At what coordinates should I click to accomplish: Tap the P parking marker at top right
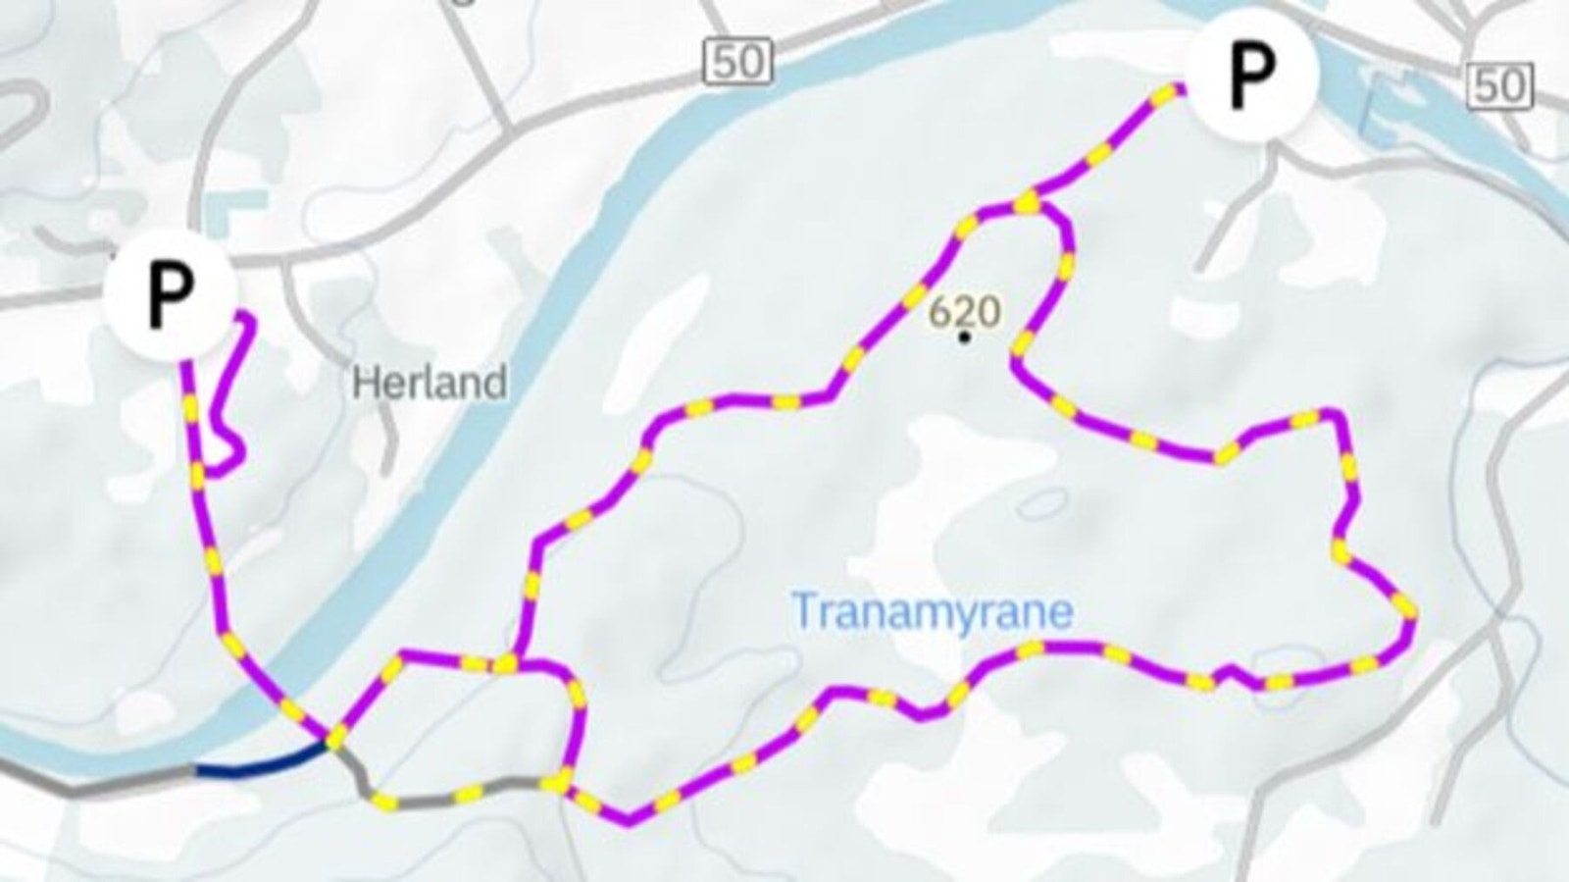coord(1251,72)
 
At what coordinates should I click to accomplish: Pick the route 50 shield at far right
coord(1499,85)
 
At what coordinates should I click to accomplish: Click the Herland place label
coord(430,382)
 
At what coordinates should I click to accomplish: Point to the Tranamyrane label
coord(932,611)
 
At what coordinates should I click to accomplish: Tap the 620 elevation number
coord(965,312)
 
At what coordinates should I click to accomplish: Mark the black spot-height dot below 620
coord(965,337)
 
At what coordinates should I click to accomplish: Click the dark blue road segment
coord(260,761)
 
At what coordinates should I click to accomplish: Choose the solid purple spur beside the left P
coord(234,392)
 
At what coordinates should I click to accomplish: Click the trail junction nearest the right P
coord(1028,203)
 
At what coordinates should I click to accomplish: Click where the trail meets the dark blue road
coord(331,741)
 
